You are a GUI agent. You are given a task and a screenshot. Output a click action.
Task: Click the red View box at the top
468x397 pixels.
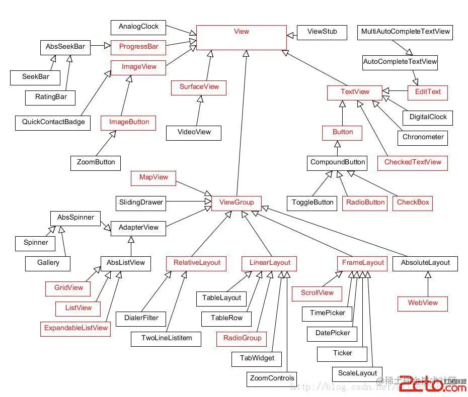coord(242,37)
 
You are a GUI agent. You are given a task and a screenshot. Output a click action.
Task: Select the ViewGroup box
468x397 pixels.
coord(237,203)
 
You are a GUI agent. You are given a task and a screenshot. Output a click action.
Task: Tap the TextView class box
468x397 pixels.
coord(355,92)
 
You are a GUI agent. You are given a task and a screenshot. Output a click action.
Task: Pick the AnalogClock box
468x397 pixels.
coord(138,27)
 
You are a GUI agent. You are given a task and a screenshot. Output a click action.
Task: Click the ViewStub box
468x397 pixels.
coord(322,32)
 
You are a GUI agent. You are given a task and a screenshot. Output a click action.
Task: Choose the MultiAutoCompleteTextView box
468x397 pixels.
coord(405,32)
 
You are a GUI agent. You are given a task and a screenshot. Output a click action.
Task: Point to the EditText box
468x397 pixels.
coord(428,92)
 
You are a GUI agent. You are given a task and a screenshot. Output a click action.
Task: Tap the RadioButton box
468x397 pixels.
coord(365,203)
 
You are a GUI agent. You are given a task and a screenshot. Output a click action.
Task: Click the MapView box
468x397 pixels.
coord(153,177)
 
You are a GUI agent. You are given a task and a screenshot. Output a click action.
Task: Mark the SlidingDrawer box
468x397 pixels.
coord(141,203)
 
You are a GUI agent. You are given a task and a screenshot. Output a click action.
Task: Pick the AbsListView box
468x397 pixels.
coord(126,263)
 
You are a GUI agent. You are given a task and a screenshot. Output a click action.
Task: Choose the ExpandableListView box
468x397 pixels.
coord(76,328)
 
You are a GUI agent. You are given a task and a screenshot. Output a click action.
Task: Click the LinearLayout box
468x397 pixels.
coord(270,263)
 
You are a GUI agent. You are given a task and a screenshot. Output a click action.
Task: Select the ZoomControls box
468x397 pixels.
coord(272,378)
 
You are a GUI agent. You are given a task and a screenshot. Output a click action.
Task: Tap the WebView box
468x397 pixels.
coord(423,303)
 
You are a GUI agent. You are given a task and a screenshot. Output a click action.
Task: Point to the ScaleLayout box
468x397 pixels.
coord(357,373)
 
